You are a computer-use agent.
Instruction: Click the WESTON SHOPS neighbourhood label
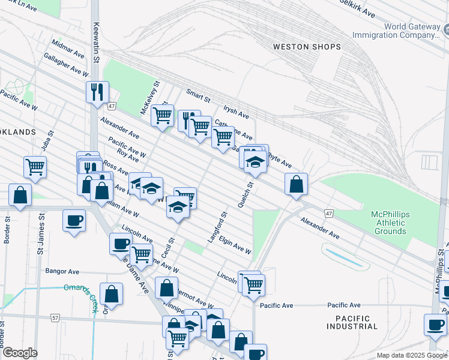pos(307,47)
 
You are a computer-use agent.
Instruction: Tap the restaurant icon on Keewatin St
pos(97,92)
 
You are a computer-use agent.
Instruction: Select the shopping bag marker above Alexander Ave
pos(296,184)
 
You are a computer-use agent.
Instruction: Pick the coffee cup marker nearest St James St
pos(74,220)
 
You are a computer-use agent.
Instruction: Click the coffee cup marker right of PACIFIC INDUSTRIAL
pos(435,325)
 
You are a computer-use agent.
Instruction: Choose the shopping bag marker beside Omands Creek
pos(111,294)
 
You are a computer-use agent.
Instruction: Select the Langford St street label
pos(218,227)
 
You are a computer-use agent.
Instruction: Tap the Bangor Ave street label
pos(62,271)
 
